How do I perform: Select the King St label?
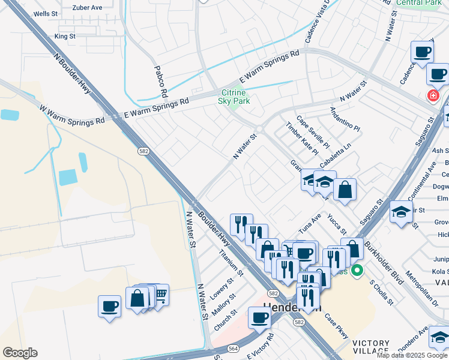[65, 36]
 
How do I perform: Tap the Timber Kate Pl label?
[302, 139]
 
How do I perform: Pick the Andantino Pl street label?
[344, 120]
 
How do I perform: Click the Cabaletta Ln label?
[335, 155]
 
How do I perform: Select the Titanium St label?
[231, 262]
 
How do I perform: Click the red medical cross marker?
[433, 95]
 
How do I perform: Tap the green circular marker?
[357, 271]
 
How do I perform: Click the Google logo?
[20, 353]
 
